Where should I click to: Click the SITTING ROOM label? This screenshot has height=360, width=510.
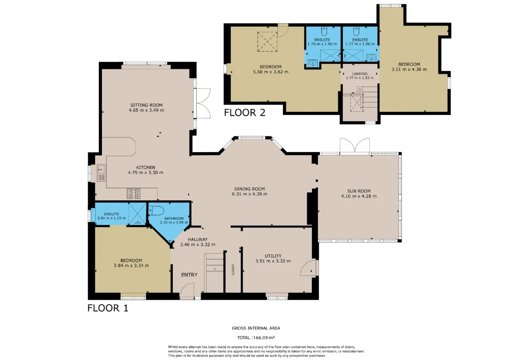[146, 105]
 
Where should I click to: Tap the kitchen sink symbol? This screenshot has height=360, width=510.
[101, 173]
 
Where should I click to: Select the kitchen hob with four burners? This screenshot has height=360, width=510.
[133, 194]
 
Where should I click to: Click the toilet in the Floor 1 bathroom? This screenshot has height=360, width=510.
[156, 211]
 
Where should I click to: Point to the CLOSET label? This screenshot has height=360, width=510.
[233, 270]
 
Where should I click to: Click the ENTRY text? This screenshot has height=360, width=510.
[189, 275]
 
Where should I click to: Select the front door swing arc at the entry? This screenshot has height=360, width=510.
[187, 290]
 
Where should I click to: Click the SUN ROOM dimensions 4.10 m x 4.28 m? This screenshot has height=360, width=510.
[359, 196]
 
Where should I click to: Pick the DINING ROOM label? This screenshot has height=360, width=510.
[249, 189]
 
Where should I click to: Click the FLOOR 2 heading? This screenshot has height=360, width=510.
[245, 113]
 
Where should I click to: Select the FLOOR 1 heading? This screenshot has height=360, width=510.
[108, 308]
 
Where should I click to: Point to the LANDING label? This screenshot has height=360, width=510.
[360, 74]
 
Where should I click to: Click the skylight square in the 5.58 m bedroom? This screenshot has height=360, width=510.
[267, 42]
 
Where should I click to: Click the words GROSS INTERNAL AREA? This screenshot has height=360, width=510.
[256, 328]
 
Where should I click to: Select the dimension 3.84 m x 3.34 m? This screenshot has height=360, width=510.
[131, 266]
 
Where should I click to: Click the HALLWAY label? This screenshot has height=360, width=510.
[198, 239]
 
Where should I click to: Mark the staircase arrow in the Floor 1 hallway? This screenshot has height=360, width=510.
[215, 270]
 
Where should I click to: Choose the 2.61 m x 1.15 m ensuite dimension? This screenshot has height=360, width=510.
[112, 218]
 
